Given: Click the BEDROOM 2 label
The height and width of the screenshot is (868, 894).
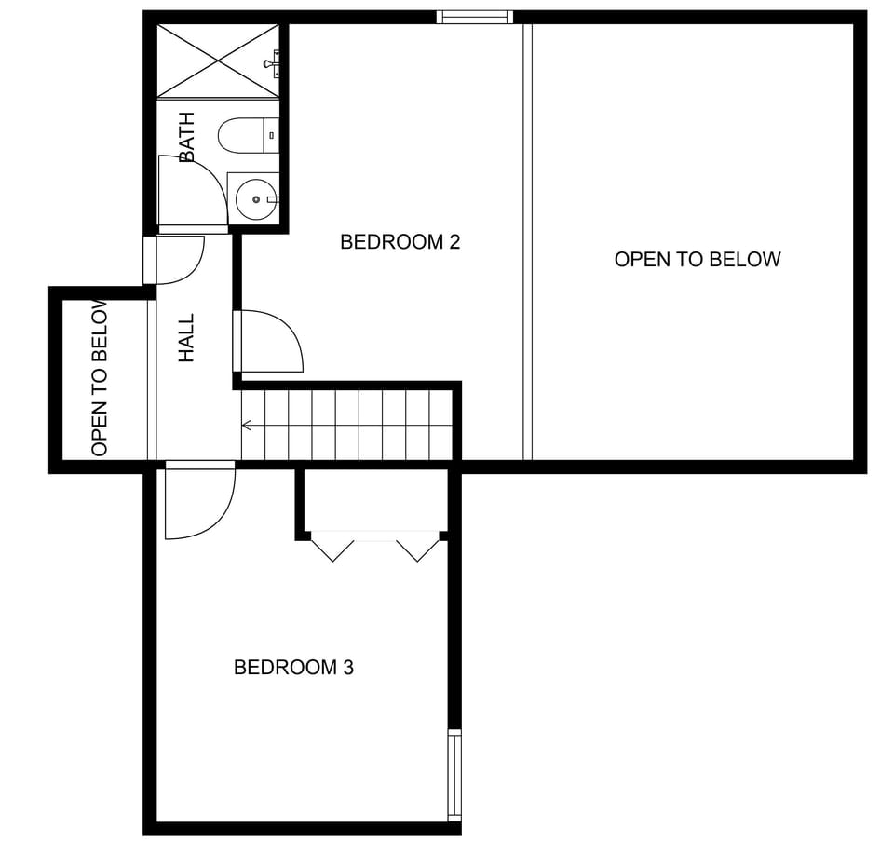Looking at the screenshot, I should tap(400, 242).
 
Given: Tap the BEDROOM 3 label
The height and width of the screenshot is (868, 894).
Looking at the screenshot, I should tap(293, 668).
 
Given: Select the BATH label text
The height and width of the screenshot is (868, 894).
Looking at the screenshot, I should tap(187, 137).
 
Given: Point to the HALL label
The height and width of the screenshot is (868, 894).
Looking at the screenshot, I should tap(187, 337).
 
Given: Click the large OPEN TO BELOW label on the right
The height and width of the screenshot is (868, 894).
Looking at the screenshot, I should tap(697, 260).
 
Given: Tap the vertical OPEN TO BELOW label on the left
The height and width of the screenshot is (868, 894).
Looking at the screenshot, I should tap(101, 378).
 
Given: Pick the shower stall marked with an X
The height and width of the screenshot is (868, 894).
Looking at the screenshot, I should tap(217, 61).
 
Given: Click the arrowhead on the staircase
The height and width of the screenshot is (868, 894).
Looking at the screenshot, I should tap(247, 426).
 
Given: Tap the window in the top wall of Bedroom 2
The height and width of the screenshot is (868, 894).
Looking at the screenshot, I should tap(475, 17).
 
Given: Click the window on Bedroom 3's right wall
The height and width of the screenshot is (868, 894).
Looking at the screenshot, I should tap(454, 775).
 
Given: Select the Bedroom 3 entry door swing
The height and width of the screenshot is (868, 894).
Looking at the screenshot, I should tap(197, 503).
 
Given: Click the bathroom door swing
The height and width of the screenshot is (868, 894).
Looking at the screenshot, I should tap(190, 192).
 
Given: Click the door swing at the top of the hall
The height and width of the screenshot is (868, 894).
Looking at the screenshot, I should tap(178, 260).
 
